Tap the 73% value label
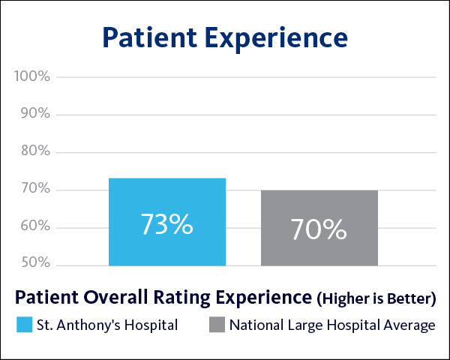click(x=166, y=224)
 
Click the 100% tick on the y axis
click(x=31, y=77)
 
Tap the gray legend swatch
click(x=217, y=325)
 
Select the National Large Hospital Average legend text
click(x=331, y=325)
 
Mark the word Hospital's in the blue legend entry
click(x=152, y=325)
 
